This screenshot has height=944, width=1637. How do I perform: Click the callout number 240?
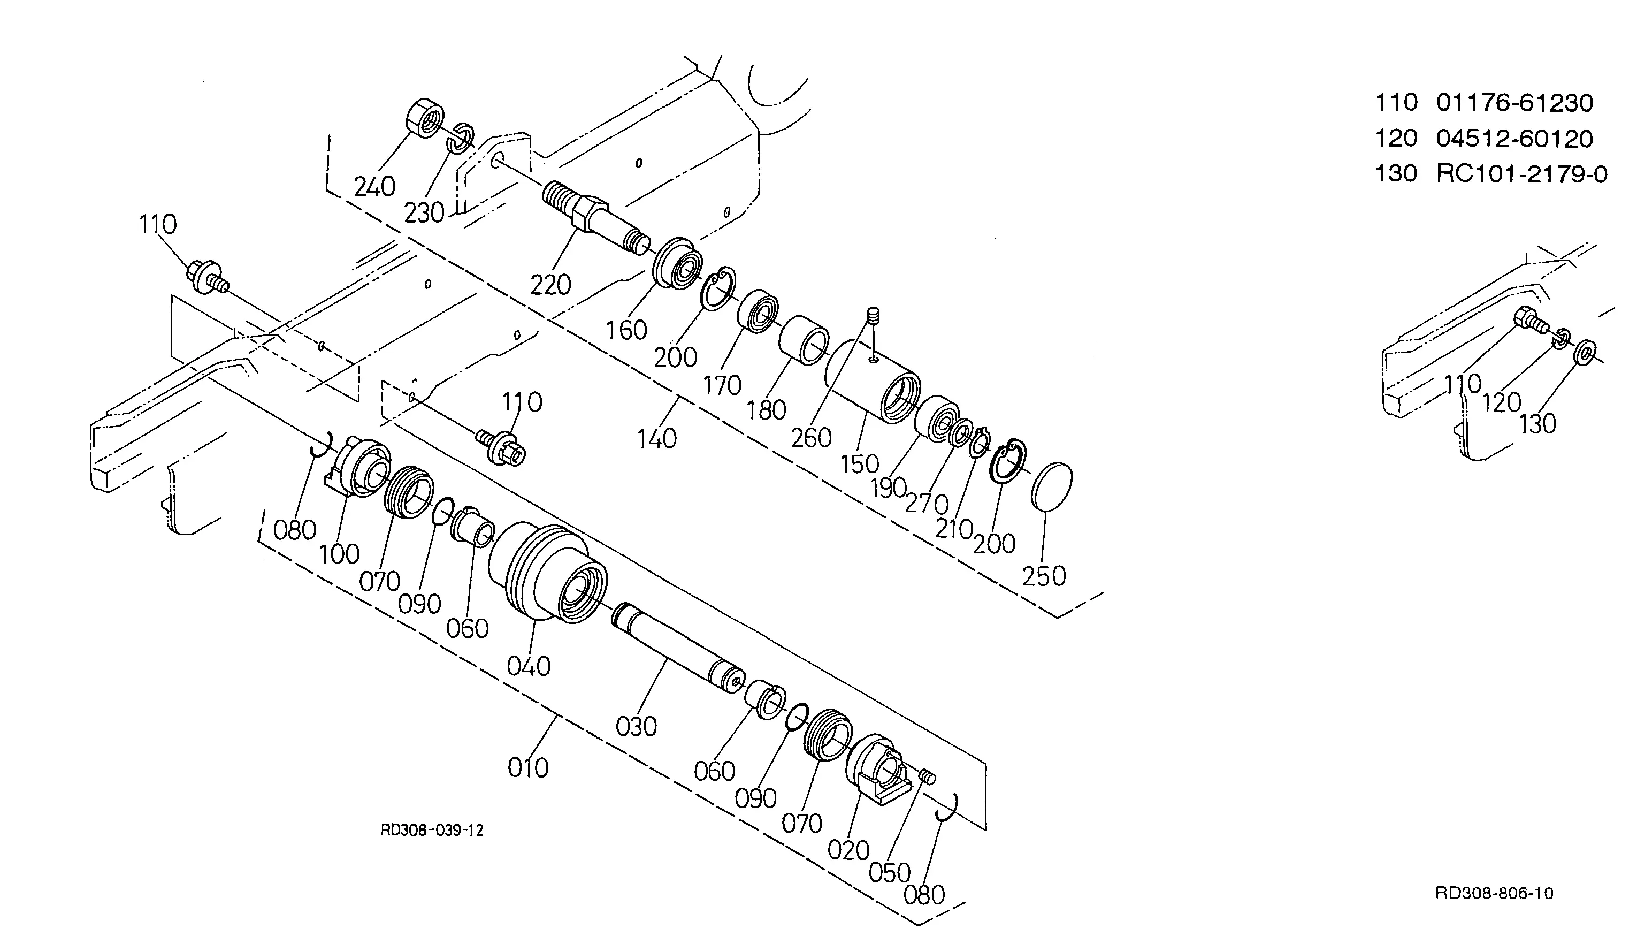click(x=374, y=187)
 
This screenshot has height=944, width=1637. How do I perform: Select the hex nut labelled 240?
click(x=425, y=117)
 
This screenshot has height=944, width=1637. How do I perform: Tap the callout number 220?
click(x=551, y=285)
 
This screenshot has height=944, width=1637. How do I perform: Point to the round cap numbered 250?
click(x=1051, y=487)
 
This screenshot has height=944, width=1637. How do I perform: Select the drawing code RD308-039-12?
click(x=432, y=831)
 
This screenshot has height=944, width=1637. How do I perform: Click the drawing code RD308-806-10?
click(x=1494, y=894)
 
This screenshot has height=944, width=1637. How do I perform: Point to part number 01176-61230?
click(x=1514, y=102)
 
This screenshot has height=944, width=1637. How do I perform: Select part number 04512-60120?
click(x=1514, y=138)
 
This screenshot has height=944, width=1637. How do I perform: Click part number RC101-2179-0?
click(x=1521, y=174)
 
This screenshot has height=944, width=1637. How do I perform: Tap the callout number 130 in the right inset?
click(x=1538, y=424)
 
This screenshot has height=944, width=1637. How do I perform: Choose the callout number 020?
click(x=848, y=850)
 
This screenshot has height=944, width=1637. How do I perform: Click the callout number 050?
click(x=890, y=873)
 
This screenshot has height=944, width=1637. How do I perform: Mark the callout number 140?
click(x=657, y=439)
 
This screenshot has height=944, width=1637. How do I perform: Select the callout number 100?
click(x=340, y=554)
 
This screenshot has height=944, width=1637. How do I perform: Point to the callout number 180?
click(x=766, y=410)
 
